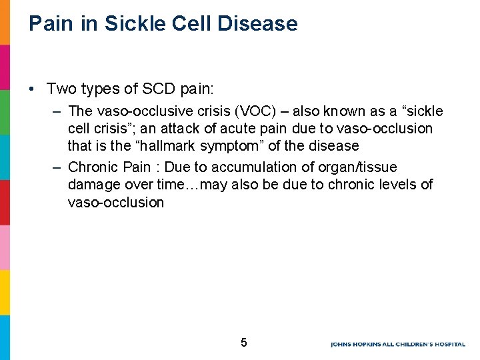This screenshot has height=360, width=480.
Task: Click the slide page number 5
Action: pos(243,343)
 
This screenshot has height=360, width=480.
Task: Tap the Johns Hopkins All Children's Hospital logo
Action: pos(400,344)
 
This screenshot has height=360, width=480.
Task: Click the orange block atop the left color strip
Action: pos(5,22)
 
